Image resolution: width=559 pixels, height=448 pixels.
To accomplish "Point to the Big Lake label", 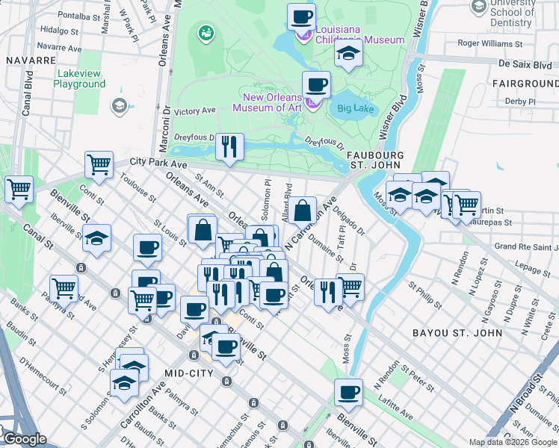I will (354, 108).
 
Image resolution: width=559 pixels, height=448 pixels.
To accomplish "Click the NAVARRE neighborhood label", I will (31, 59).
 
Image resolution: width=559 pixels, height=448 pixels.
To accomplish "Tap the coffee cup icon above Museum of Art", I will (316, 86).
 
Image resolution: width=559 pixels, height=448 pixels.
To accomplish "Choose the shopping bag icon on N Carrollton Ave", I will (303, 211).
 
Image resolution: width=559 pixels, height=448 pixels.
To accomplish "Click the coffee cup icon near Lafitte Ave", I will (348, 392).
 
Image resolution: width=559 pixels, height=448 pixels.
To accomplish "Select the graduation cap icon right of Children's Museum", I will (348, 54).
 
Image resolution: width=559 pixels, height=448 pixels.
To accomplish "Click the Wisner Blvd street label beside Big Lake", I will (395, 118).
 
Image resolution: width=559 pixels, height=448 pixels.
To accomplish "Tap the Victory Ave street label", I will (194, 111).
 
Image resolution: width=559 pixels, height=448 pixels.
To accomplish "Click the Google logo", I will (24, 440).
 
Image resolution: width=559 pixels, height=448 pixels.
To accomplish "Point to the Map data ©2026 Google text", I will (512, 442).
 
